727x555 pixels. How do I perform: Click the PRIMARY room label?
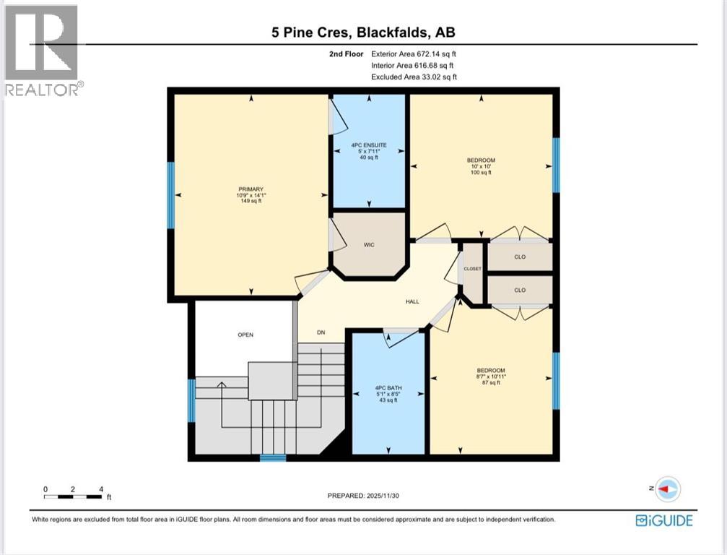coord(251,189)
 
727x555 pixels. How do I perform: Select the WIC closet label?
coord(368,245)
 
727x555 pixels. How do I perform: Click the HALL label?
coord(412,302)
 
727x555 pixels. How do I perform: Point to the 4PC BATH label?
coord(388,388)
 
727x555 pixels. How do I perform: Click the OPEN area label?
coord(245,335)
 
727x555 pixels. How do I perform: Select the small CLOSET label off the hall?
coord(472,269)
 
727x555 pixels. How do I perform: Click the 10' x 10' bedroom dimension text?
coord(481,166)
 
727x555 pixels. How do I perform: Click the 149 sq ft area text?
coord(251,202)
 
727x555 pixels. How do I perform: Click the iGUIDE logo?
coord(663,520)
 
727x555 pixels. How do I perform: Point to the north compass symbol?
coord(667,489)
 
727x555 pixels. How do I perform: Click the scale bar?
coord(73,496)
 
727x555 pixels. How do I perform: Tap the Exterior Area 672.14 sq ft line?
coord(414,53)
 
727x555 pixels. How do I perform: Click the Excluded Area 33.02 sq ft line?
coord(414,77)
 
